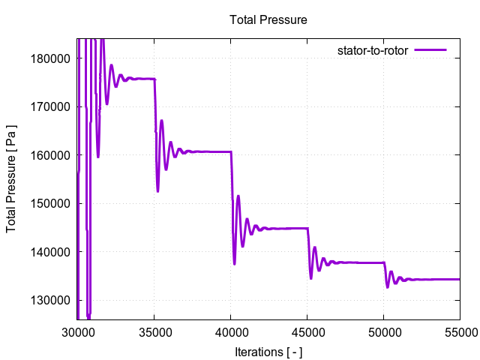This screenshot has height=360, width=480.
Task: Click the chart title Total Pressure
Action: point(268,19)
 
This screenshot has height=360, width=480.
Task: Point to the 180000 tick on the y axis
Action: point(54,58)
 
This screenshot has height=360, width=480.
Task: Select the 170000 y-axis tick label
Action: point(54,106)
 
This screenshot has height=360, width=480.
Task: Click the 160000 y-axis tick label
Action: point(54,155)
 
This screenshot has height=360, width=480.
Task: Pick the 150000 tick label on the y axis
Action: point(54,203)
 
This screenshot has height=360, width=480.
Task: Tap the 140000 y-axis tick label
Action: point(54,252)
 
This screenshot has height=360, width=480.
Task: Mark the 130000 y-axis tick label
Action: point(54,300)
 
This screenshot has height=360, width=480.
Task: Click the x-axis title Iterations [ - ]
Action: point(268,351)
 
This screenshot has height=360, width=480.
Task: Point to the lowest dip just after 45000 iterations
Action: point(311,278)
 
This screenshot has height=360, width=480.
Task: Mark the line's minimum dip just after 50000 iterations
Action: point(388,286)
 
